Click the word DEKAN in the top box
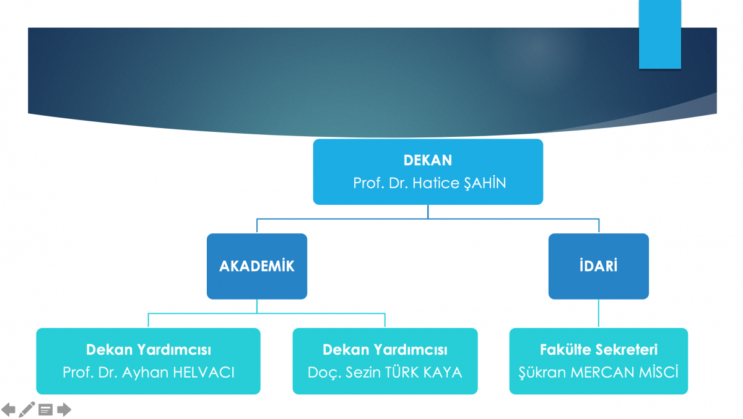pos(428,160)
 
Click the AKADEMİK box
pos(257,266)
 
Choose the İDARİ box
pos(598,266)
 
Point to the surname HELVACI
pos(204,373)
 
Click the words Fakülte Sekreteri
pos(598,350)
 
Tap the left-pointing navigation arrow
pos(8,410)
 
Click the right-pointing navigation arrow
pos(64,410)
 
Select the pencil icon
pos(27,410)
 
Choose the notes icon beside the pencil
pos(45,410)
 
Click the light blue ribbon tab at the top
pos(660,34)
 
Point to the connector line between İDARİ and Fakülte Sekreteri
pos(598,314)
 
